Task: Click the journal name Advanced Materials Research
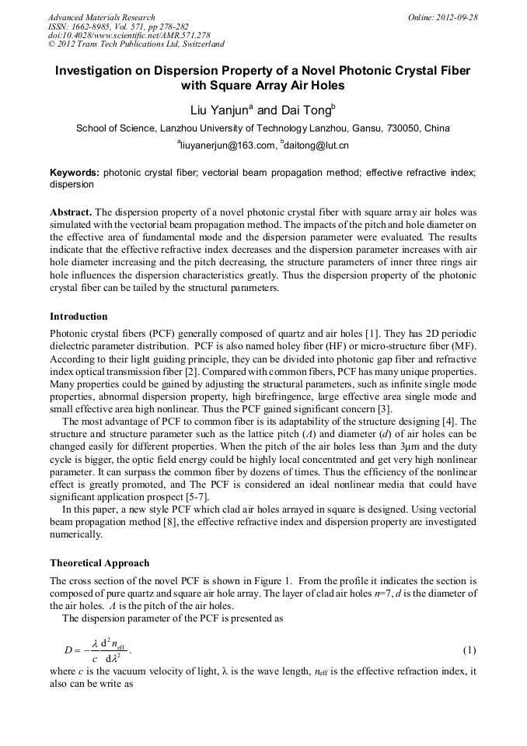(x=101, y=17)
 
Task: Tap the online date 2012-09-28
(x=456, y=17)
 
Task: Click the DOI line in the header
(x=129, y=35)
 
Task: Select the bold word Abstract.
(x=71, y=212)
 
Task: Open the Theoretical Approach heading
(x=99, y=562)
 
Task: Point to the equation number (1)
(x=469, y=649)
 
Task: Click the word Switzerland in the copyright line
(x=200, y=44)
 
